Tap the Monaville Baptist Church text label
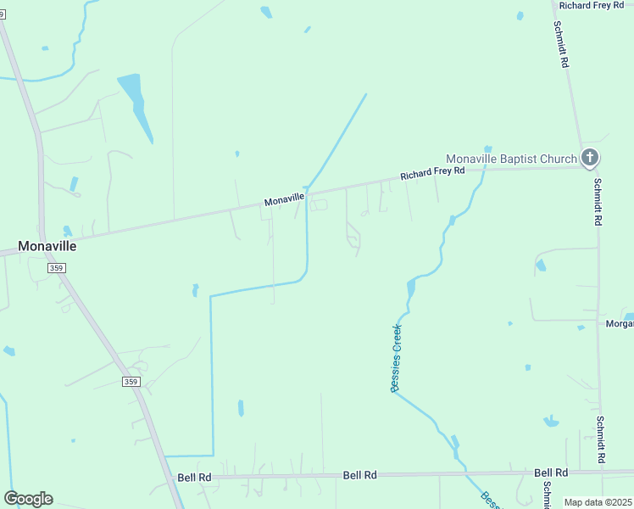(510, 159)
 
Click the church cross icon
(590, 157)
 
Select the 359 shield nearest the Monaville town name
(57, 268)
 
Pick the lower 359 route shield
(131, 382)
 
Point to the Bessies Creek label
(396, 358)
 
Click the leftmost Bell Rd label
(194, 478)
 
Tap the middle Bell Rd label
(359, 476)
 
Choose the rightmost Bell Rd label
(551, 473)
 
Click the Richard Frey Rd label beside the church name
(433, 173)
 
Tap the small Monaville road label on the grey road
(284, 199)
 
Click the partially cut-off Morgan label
(619, 323)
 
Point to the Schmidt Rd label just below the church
(598, 202)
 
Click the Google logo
(28, 499)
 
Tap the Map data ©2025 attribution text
(598, 502)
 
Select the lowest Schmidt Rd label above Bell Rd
(600, 439)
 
